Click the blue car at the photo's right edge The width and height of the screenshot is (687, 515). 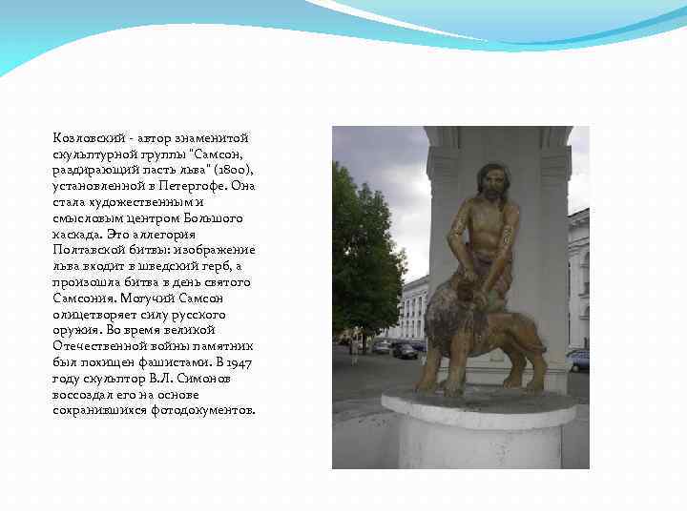(579, 360)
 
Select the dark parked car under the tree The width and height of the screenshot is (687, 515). (405, 350)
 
